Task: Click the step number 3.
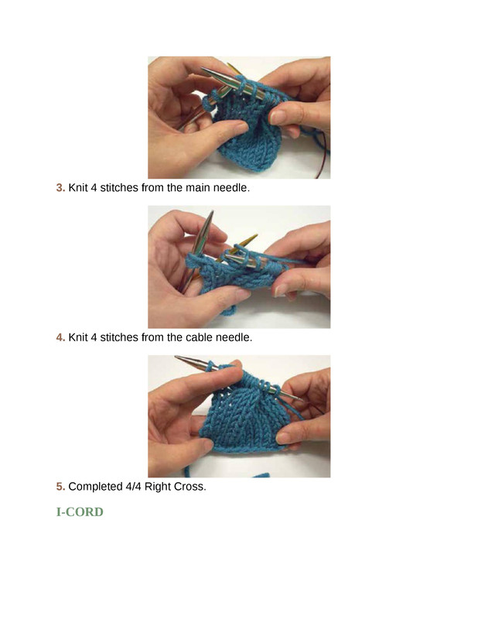coord(60,187)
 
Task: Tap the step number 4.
coord(60,337)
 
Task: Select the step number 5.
coord(60,487)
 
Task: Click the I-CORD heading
coord(80,512)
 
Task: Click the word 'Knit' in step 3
coord(78,187)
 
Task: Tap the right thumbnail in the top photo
coord(278,117)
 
